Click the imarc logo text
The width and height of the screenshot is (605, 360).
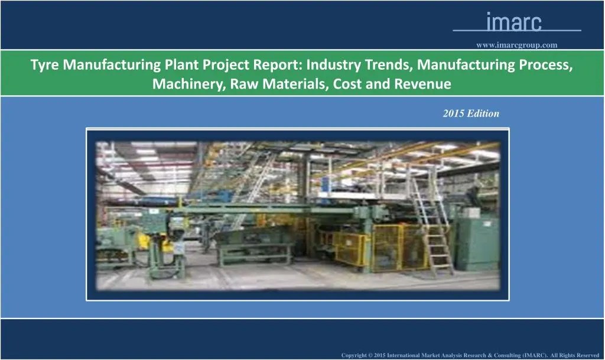click(513, 22)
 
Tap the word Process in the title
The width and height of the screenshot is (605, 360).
click(547, 65)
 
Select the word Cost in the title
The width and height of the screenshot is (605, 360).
click(348, 84)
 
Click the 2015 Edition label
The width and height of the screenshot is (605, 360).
click(471, 113)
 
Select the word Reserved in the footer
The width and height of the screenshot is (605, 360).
click(587, 355)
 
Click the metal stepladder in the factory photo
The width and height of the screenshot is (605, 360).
click(432, 225)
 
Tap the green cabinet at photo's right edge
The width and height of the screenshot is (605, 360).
click(476, 242)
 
